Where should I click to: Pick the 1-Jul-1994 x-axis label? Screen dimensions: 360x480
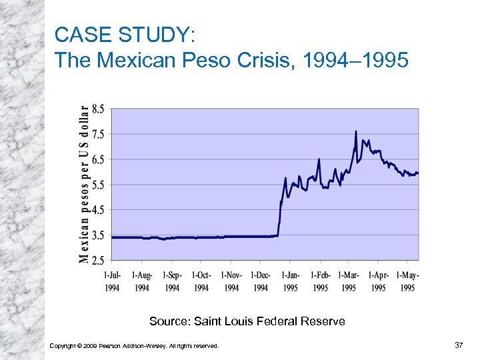click(112, 281)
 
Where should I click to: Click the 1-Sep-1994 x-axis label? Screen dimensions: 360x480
click(172, 281)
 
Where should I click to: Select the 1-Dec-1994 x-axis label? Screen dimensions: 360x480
click(261, 281)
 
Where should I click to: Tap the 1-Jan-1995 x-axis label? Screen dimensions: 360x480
click(291, 281)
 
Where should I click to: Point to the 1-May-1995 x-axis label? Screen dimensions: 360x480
click(407, 281)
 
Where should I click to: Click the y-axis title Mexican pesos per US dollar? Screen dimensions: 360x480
click(84, 184)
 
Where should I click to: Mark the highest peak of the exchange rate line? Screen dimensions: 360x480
click(356, 131)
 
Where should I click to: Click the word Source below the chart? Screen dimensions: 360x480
click(169, 321)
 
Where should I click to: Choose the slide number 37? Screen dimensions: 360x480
click(458, 345)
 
